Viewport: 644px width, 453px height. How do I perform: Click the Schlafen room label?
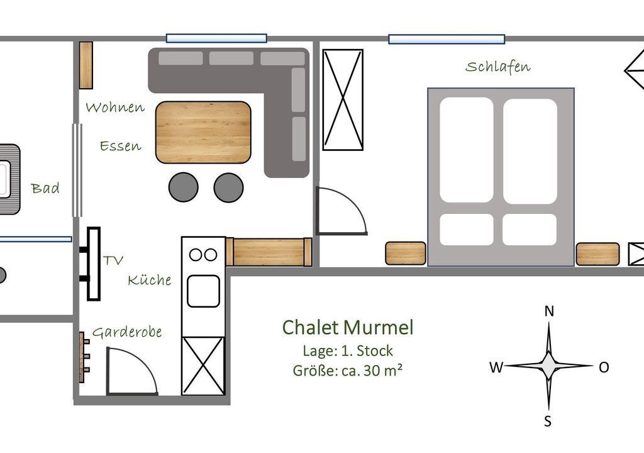click(497, 67)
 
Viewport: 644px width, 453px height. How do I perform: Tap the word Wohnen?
click(115, 108)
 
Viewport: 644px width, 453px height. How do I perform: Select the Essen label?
click(120, 147)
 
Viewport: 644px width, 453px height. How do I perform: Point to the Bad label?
click(45, 188)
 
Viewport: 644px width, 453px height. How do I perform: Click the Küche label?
click(150, 280)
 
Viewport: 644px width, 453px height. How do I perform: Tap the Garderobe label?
click(127, 332)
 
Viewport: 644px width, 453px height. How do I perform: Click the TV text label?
click(113, 260)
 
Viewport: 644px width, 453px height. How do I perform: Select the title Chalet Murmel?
click(347, 328)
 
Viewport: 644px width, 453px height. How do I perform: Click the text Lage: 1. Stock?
click(347, 350)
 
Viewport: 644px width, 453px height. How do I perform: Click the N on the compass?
click(549, 311)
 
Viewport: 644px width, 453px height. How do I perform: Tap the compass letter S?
click(548, 421)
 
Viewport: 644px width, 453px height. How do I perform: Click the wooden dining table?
click(203, 132)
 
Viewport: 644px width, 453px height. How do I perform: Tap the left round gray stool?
click(184, 187)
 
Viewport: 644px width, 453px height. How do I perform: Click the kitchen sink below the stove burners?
click(203, 291)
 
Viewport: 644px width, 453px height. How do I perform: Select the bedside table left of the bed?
click(406, 253)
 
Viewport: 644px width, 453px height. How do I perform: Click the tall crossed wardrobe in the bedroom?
click(343, 100)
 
